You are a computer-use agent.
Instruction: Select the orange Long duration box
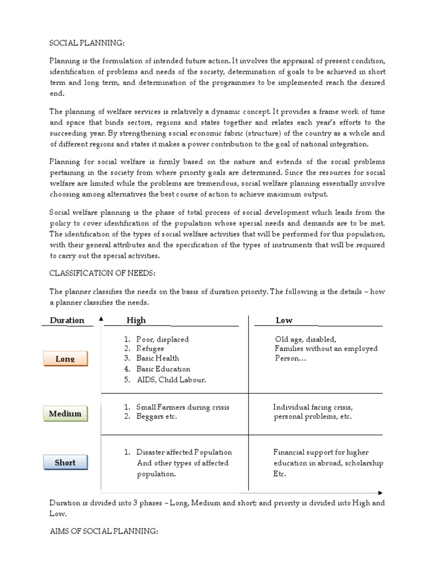(x=65, y=359)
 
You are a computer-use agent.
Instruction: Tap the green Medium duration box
(x=65, y=414)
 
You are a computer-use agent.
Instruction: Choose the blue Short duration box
(x=65, y=463)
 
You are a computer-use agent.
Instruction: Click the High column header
(x=136, y=321)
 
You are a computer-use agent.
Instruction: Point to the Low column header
(x=284, y=321)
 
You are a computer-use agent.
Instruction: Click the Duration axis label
(x=67, y=321)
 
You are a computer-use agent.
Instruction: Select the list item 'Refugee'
(x=150, y=349)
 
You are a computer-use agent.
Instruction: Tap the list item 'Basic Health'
(x=158, y=359)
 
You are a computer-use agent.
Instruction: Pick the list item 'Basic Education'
(x=163, y=369)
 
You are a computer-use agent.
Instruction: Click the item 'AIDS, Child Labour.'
(x=171, y=379)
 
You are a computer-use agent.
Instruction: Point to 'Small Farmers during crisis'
(x=182, y=407)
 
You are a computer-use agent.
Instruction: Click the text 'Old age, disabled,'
(x=306, y=339)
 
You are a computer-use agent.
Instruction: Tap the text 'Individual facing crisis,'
(x=313, y=407)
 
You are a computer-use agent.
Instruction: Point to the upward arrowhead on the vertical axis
(x=101, y=319)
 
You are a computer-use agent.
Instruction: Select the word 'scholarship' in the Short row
(x=364, y=463)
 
